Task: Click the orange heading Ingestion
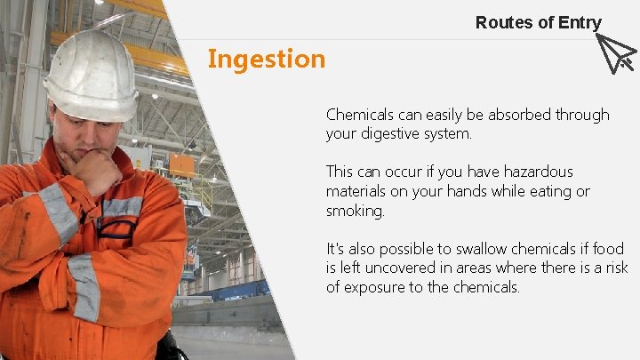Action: pos(267,60)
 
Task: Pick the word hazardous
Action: pos(538,172)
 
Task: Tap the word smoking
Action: pos(355,212)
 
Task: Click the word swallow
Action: pos(452,250)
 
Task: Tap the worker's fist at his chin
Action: pos(98,169)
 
